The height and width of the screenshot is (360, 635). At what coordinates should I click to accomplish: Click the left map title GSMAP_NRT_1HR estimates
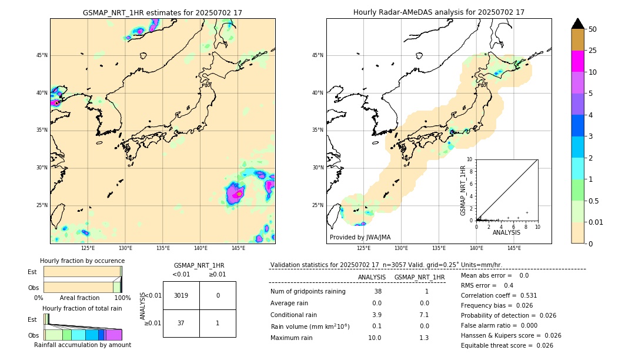click(162, 12)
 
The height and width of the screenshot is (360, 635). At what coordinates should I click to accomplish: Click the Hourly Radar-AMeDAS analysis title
click(439, 12)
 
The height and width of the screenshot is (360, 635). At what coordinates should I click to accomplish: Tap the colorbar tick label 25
click(593, 51)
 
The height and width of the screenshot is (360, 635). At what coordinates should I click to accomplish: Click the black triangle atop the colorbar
click(578, 24)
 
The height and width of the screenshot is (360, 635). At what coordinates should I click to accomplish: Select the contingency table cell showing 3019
click(181, 295)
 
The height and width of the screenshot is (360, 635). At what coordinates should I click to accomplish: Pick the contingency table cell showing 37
click(181, 323)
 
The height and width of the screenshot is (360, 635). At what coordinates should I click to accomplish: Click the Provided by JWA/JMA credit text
click(360, 238)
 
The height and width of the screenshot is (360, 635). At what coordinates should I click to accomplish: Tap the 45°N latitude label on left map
click(42, 55)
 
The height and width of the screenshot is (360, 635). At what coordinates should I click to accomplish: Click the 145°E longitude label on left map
click(238, 249)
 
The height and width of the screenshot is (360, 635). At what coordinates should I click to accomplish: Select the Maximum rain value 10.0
click(374, 338)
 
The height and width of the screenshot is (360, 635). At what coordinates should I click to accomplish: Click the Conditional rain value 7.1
click(424, 315)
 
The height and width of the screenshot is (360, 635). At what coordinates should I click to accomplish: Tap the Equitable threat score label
click(495, 345)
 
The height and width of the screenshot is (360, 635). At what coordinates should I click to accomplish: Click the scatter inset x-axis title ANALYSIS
click(506, 233)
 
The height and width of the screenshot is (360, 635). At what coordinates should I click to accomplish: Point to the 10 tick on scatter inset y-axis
click(470, 159)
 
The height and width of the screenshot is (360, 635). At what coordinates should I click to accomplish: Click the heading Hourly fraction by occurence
click(82, 261)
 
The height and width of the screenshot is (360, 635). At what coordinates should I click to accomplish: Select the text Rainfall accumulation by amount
click(82, 345)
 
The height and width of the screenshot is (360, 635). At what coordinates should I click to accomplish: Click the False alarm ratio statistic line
click(507, 325)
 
